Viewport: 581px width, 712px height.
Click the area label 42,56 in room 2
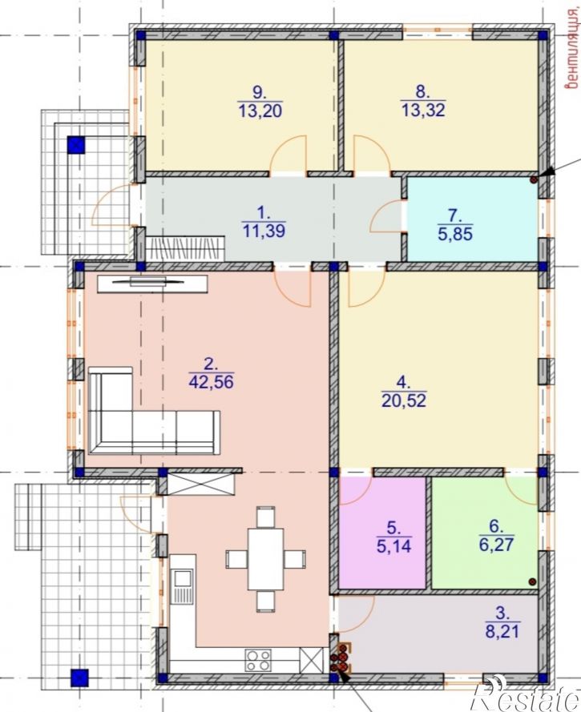click(211, 381)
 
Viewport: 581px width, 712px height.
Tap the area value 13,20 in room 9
click(260, 111)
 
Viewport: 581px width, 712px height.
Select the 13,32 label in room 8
click(423, 110)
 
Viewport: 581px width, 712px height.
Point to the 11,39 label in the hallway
click(264, 231)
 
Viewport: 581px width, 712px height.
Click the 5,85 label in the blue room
click(456, 234)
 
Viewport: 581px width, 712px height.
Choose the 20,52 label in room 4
click(404, 400)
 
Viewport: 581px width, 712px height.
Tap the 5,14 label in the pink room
click(393, 545)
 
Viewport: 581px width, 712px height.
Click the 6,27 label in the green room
click(497, 544)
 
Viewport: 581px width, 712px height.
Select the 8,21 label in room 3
click(502, 631)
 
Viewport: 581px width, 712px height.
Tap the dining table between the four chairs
click(265, 558)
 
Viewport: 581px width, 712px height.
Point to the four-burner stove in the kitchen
click(258, 660)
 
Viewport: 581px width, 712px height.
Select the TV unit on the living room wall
click(152, 283)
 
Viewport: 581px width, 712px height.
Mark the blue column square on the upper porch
click(76, 145)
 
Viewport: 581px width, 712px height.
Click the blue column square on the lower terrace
click(79, 678)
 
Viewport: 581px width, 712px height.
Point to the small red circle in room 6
click(532, 581)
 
